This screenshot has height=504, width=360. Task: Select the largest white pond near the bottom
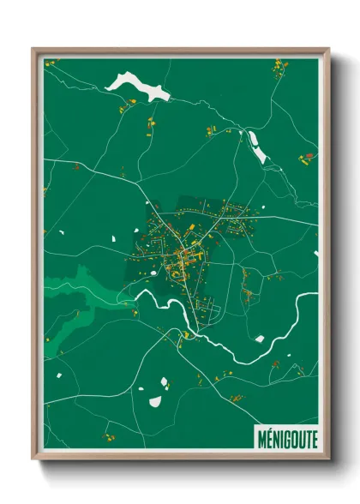coord(156,400)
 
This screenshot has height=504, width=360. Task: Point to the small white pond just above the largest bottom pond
coord(164,376)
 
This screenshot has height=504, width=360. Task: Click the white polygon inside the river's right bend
coord(260,339)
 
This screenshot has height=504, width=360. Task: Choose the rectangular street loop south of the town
coord(211,314)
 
